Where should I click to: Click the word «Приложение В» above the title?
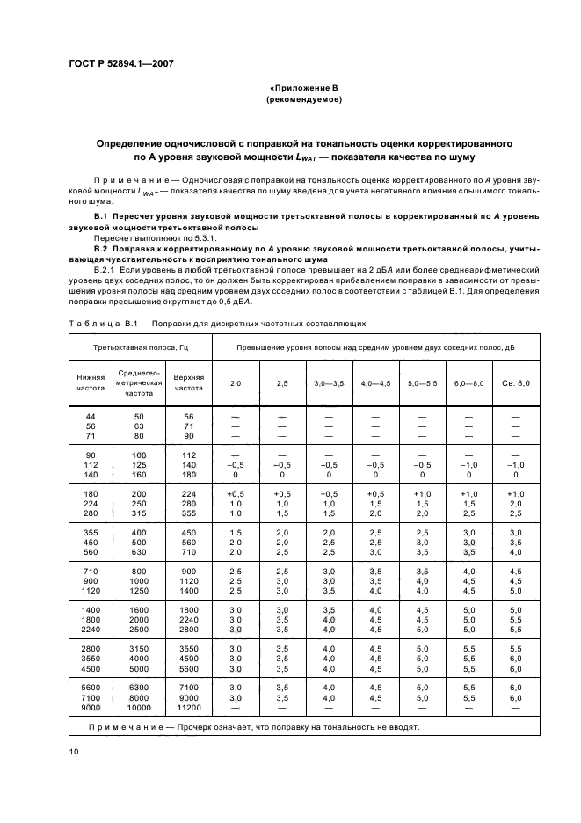click(302, 89)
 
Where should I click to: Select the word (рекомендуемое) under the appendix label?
click(302, 100)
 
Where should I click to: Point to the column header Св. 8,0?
click(515, 383)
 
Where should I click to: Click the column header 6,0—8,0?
click(468, 383)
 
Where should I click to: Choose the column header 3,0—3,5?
click(329, 383)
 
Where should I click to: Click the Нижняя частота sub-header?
click(90, 382)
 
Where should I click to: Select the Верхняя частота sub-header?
click(188, 382)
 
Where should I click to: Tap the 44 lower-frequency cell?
click(90, 415)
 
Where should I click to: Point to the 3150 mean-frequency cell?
click(140, 646)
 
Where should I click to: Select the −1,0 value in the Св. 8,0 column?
click(515, 465)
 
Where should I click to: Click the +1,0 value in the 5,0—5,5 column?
click(422, 494)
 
